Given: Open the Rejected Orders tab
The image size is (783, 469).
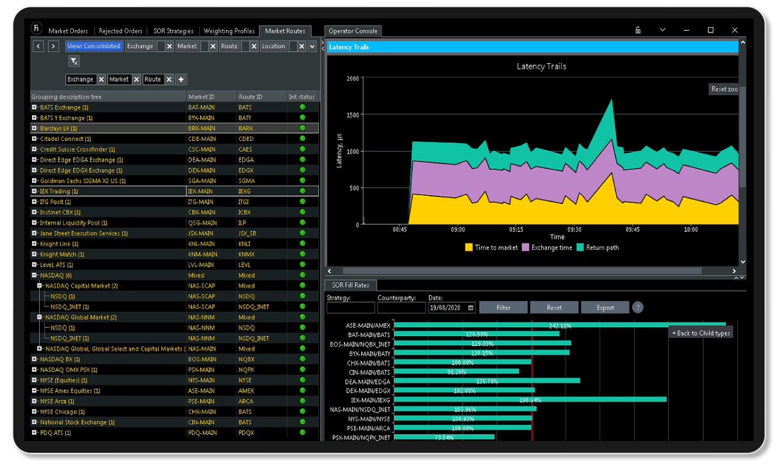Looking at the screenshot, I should coord(121,31).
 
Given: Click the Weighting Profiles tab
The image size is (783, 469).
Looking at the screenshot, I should coord(229,31).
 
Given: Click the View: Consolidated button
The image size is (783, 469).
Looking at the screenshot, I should coord(94,46).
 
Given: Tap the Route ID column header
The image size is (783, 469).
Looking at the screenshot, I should coord(250,97).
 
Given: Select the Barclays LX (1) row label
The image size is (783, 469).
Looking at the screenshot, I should coord(58,129).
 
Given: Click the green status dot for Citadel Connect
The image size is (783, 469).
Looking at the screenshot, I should coord(303,139).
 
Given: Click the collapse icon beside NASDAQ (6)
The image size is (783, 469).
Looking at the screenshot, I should coord(35,276).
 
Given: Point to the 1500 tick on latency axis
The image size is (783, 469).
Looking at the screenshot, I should coord(352,115).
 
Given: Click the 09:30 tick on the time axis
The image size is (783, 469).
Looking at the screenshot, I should coord(574,229).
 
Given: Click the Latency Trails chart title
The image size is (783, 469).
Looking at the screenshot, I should coord(541,67).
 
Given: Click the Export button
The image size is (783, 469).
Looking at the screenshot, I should coord(605,307).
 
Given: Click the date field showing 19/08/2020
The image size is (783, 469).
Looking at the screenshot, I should coord(447,307).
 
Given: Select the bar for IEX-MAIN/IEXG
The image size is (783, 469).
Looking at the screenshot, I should coord(530,400).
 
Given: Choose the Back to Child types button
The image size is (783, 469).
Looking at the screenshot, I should coord(701,333).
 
